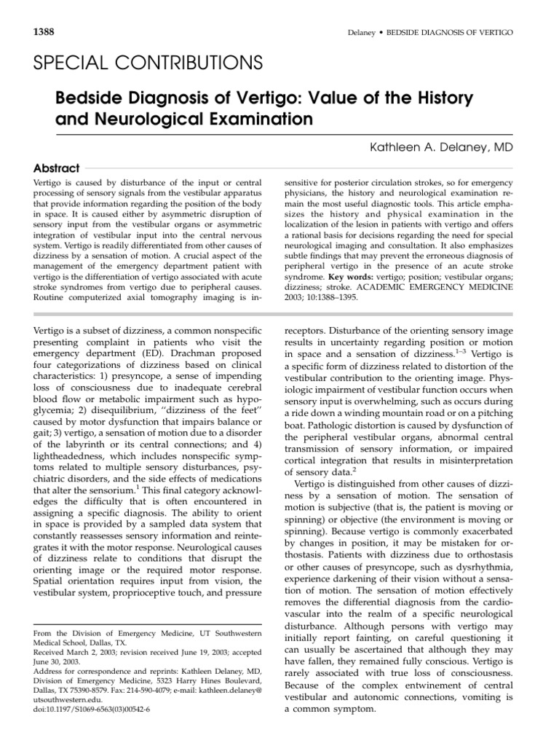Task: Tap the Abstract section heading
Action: click(57, 168)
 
